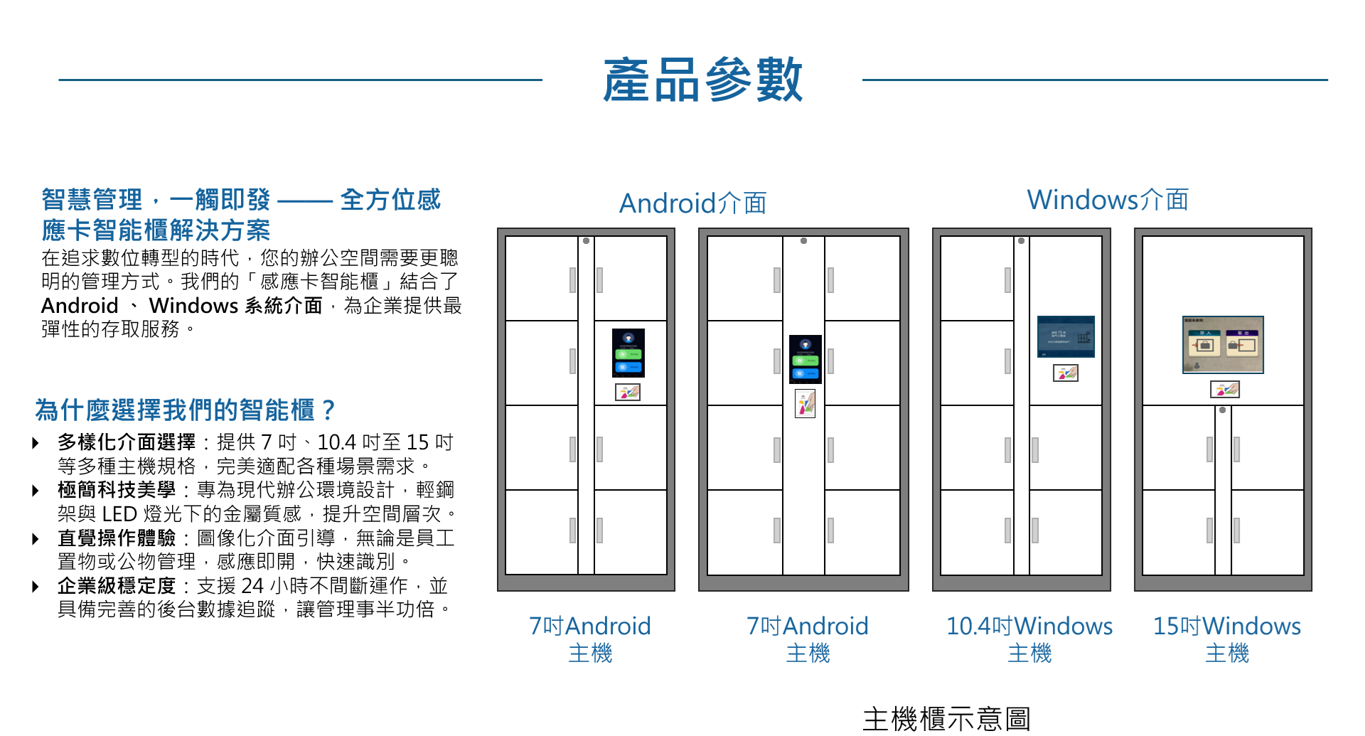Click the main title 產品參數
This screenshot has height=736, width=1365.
[702, 80]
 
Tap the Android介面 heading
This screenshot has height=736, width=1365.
[692, 203]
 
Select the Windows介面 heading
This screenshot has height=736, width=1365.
[1107, 200]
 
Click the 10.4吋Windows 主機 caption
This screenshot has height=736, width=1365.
[1029, 639]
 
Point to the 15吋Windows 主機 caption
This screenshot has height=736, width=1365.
[1226, 639]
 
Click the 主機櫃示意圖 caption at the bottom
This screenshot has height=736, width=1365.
[946, 719]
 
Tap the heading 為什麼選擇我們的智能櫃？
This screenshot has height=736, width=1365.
[185, 410]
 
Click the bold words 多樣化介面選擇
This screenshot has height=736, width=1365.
[127, 442]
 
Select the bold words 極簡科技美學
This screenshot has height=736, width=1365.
[117, 490]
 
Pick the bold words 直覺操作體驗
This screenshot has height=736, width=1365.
[117, 538]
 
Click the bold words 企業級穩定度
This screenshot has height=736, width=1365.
[117, 586]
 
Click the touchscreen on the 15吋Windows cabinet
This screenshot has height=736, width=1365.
[1223, 345]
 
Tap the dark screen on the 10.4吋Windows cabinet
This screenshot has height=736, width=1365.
[1066, 336]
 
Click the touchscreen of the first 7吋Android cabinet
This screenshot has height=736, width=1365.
[628, 353]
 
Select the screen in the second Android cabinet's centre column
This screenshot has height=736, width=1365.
[805, 359]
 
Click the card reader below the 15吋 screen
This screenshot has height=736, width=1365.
[1225, 389]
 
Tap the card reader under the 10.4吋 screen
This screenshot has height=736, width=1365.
[1066, 373]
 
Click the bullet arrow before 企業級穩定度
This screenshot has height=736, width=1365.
[36, 587]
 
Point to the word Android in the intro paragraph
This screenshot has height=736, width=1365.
[80, 306]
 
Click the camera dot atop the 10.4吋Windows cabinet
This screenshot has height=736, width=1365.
[1021, 241]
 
